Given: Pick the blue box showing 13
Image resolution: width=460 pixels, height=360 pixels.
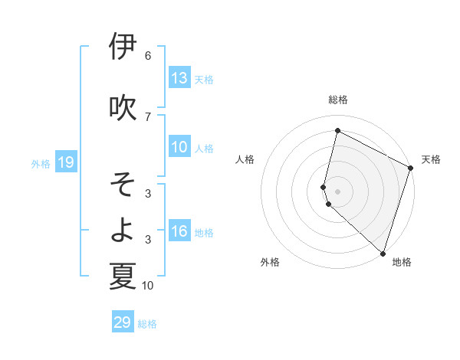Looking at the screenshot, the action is (179, 78).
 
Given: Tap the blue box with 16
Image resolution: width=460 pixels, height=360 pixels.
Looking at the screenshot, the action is (179, 232).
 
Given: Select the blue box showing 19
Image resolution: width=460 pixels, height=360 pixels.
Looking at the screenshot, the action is (65, 162).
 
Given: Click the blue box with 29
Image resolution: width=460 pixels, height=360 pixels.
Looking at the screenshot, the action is (123, 322).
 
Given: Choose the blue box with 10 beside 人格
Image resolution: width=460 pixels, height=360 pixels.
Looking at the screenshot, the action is (179, 147).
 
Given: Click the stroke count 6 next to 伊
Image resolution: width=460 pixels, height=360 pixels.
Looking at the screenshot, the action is (148, 56).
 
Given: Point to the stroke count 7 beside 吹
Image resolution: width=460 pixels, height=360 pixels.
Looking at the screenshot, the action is (148, 116).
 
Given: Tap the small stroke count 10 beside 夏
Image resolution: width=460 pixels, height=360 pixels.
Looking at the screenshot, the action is (148, 286).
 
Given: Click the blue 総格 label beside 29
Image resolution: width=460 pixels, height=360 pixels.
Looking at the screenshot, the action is (147, 324).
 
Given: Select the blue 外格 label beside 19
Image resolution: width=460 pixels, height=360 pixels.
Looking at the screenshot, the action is (41, 163).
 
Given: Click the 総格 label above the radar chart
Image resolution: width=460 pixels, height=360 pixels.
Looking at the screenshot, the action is (338, 100).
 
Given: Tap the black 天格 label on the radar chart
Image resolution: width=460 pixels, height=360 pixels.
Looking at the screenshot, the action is (431, 159).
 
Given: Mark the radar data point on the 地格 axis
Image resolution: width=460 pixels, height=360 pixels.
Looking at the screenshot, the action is (382, 252).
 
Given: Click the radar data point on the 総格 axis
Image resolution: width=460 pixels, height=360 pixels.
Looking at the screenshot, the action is (337, 131).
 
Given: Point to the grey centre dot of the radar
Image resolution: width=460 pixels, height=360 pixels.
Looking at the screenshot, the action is (337, 191).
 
